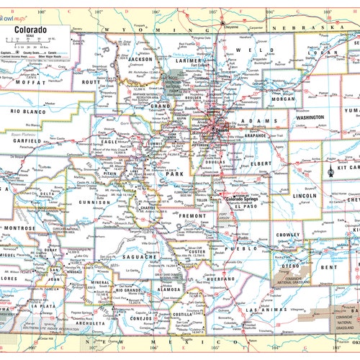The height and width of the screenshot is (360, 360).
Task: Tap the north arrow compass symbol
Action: [x=330, y=171]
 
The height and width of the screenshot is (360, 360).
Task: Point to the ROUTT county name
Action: [x=91, y=83]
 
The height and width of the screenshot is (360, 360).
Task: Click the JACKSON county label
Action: [x=141, y=59]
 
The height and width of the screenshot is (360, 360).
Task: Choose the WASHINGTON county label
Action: [x=310, y=117]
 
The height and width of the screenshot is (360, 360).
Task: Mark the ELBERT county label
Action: [x=261, y=163]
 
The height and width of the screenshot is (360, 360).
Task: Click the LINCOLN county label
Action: [x=305, y=195]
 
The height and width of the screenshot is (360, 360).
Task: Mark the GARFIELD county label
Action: [x=27, y=141]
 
